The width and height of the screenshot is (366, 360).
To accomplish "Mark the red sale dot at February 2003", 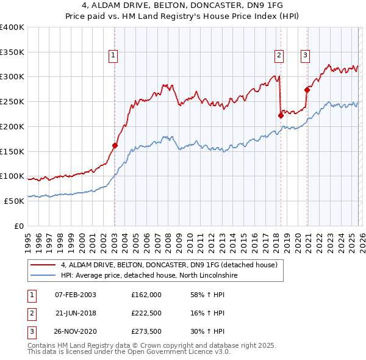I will click(115, 145).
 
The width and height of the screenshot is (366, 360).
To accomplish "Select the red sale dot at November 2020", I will click(307, 90).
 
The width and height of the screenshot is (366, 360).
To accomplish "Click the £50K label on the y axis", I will click(14, 201).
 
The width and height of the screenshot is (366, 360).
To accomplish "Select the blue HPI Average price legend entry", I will click(152, 276).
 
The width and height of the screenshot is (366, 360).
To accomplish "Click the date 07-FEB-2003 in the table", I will click(75, 295).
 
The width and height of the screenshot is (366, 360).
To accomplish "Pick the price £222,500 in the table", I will click(146, 313).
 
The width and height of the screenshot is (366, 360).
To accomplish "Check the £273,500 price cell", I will click(146, 331).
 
